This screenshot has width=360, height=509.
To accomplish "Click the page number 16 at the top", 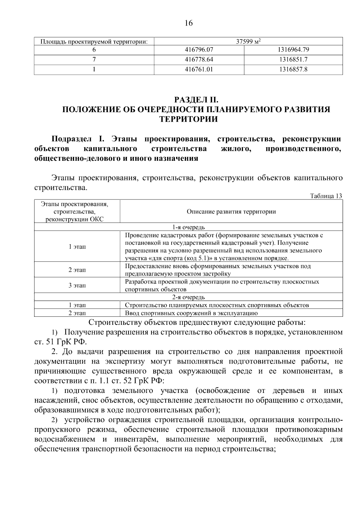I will point(189,23).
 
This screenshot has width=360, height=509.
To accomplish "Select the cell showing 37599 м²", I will point(248,42).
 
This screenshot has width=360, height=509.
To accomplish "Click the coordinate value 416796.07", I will point(199,50).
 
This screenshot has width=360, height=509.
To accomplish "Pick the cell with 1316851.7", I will point(293,60).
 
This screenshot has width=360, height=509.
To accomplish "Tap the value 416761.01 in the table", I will point(199,70).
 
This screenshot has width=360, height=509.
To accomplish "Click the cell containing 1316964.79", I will point(293,50).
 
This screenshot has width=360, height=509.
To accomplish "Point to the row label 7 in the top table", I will point(94,60).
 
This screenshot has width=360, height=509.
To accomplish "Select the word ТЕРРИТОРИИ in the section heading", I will point(188,119).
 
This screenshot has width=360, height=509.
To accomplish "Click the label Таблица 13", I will point(326,196).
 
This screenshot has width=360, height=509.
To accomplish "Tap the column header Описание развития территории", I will point(231,212).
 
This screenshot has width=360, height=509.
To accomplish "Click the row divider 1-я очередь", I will point(188,227).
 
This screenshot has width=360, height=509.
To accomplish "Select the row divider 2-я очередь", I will point(188,297).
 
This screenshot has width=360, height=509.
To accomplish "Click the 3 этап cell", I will point(77,285).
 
